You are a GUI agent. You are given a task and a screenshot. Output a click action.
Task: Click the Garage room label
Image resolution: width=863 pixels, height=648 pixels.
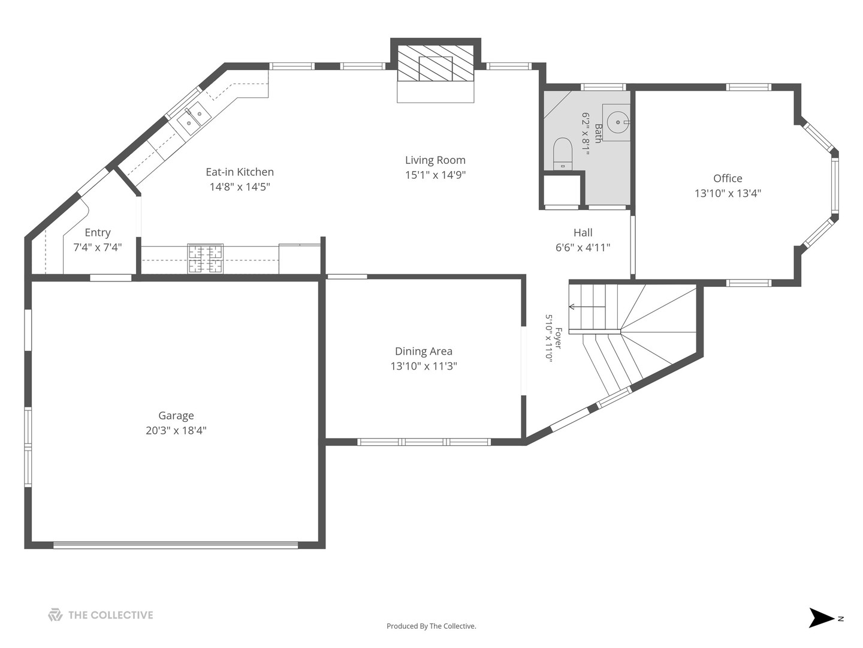coord(176,415)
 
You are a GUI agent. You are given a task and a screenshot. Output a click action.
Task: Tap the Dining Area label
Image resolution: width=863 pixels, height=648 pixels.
coord(424,351)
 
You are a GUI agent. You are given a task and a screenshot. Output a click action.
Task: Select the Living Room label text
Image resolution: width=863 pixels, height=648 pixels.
coord(435,160)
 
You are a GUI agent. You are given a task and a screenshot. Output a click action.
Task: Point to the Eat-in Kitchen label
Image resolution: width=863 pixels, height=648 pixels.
coord(240,172)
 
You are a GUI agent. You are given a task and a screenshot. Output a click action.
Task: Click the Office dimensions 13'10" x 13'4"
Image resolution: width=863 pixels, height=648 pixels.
coord(728,193)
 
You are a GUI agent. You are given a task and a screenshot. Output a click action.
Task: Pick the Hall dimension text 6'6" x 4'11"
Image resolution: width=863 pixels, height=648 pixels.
coord(583,247)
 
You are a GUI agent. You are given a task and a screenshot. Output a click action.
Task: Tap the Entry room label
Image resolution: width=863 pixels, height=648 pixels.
coord(98,233)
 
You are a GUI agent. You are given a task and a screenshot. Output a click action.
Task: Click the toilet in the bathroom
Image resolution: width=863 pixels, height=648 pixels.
coord(563,154)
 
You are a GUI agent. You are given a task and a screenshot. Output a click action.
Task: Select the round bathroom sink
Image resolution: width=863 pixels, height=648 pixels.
coord(618,122)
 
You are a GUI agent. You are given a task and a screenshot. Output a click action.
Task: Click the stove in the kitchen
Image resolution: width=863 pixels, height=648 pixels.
coord(205,259)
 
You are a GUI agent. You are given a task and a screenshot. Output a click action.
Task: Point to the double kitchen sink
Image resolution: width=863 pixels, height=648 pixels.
coord(194,118)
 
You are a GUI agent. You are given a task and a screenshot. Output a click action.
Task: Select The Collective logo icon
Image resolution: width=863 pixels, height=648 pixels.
coord(55,614)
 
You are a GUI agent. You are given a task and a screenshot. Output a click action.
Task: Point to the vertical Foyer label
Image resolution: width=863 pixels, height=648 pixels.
coord(559,338)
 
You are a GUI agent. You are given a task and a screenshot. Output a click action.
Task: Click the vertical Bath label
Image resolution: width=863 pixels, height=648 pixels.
coord(598,133)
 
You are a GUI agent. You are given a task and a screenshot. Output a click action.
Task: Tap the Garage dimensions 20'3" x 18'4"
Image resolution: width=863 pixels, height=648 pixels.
coord(176,430)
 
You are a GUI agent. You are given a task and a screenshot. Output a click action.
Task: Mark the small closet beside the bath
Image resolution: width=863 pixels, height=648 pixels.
coord(562,190)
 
